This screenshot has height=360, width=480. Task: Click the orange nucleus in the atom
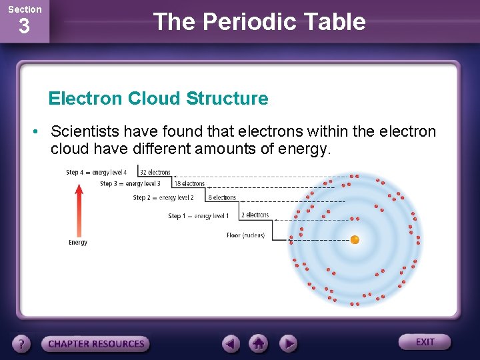(355, 239)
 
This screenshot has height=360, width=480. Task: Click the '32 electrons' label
(155, 173)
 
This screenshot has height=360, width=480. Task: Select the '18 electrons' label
(189, 184)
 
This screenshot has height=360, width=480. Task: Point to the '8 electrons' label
(222, 198)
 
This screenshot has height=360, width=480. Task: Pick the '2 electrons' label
(255, 215)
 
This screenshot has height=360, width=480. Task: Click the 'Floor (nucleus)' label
(245, 235)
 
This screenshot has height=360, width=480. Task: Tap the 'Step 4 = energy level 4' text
(96, 173)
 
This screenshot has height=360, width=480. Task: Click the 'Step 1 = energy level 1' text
(198, 216)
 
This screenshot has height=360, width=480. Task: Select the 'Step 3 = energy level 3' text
(130, 184)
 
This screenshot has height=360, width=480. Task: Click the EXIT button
(425, 342)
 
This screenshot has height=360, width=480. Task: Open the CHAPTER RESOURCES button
(96, 344)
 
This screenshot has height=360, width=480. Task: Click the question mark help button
(22, 344)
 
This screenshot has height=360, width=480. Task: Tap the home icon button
(259, 343)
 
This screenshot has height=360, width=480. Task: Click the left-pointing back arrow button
(231, 343)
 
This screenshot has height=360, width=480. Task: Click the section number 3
(24, 27)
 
